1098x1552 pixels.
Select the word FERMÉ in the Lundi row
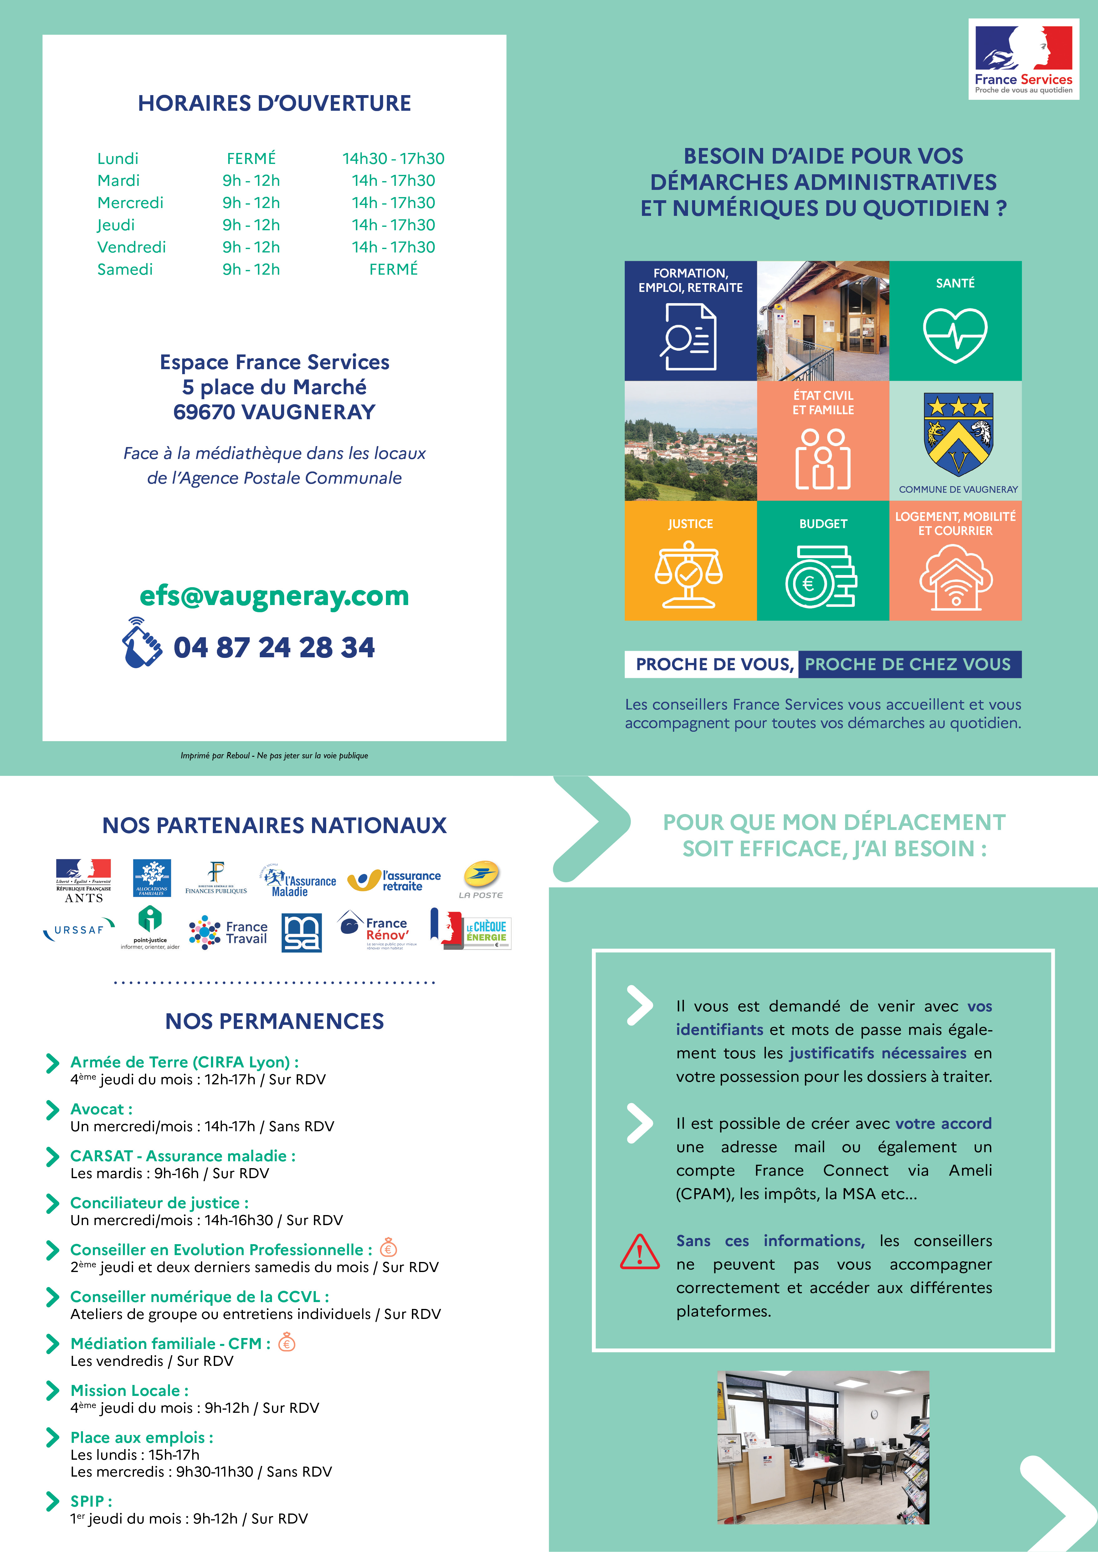251,158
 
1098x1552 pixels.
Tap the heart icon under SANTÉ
955,335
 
